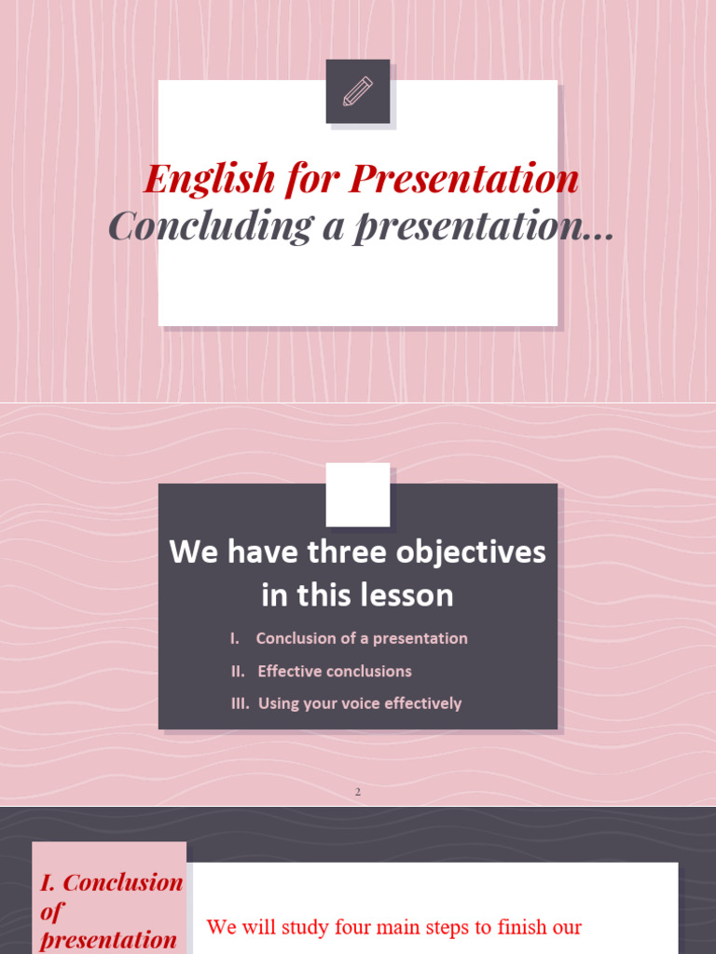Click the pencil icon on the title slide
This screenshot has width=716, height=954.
pos(358,91)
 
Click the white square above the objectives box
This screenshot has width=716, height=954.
pos(358,494)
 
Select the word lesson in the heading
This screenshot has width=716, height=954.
pos(409,594)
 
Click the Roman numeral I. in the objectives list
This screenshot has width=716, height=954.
pos(235,638)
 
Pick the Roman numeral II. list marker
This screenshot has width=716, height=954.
pos(238,671)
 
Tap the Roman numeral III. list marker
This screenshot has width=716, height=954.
pos(240,703)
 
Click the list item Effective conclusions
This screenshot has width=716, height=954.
pos(335,671)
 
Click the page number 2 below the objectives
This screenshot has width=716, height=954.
pos(357,792)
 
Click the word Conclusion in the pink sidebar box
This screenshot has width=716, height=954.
pos(122,882)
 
